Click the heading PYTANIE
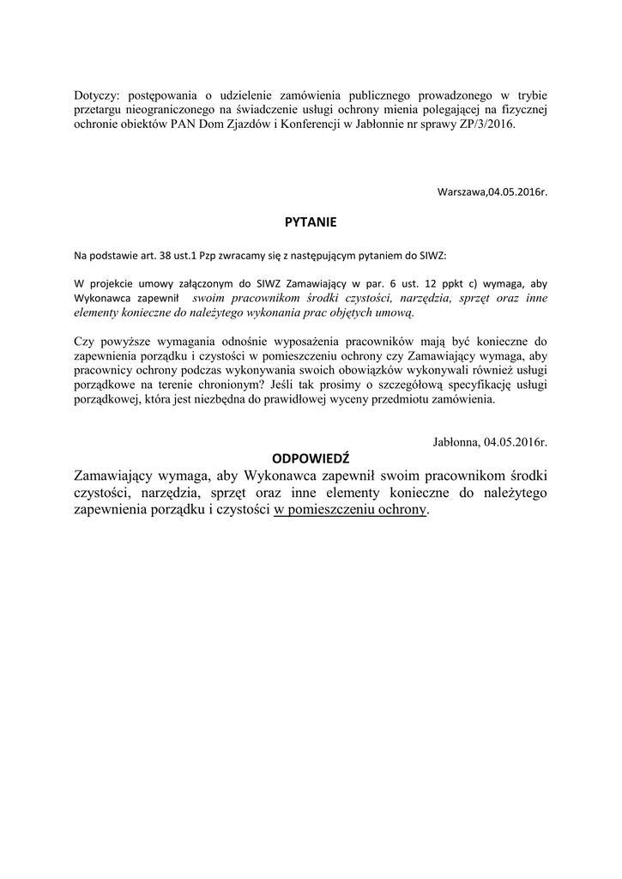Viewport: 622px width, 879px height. point(311,221)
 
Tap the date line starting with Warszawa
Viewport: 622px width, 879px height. point(492,192)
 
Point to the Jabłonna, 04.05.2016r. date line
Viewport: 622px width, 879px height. point(490,442)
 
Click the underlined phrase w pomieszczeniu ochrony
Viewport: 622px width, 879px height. point(350,509)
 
